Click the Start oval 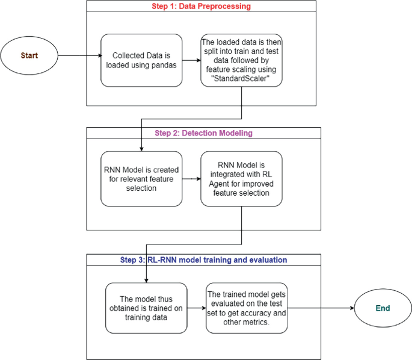[x=29, y=55]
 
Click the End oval [x=383, y=308]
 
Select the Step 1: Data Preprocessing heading [x=201, y=7]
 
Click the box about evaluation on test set [x=246, y=308]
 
